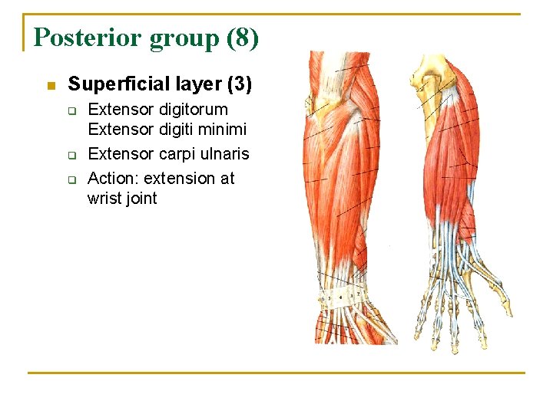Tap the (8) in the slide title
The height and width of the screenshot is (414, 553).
tap(243, 37)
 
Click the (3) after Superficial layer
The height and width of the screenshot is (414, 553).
tap(238, 84)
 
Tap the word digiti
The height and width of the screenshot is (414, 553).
tap(172, 130)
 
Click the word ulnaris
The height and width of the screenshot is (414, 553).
tap(222, 154)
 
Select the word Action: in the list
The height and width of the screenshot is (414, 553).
tap(113, 179)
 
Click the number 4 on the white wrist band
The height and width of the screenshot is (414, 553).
tap(340, 295)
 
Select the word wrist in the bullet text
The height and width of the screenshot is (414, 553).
tap(104, 199)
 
